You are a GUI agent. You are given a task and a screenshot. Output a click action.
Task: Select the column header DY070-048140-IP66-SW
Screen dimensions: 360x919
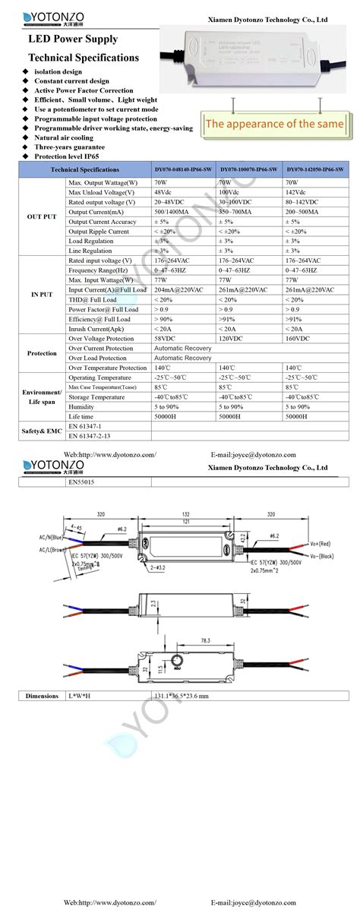(185, 170)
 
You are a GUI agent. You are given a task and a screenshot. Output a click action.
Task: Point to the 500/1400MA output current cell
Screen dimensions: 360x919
(171, 211)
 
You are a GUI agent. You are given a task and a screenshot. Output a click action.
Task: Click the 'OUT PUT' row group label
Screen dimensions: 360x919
(33, 216)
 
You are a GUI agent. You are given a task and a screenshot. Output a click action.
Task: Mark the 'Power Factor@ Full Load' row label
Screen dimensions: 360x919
(103, 309)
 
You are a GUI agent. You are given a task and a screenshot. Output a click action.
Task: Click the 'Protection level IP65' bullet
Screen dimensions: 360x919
(72, 156)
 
